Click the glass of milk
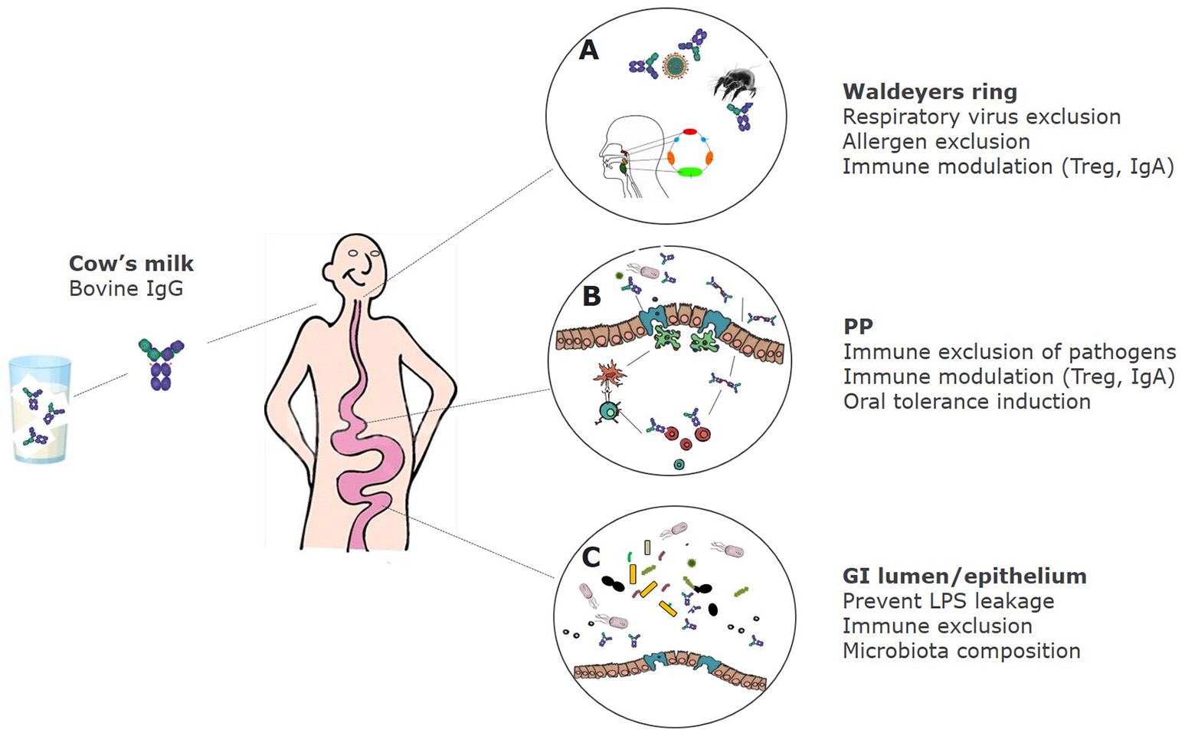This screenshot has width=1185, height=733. pyautogui.click(x=40, y=410)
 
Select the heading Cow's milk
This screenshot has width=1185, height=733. pyautogui.click(x=131, y=264)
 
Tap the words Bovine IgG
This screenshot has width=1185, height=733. pyautogui.click(x=126, y=289)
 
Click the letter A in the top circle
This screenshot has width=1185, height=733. pyautogui.click(x=588, y=51)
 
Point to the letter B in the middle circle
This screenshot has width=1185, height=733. pyautogui.click(x=591, y=296)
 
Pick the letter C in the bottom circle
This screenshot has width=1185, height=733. pyautogui.click(x=591, y=557)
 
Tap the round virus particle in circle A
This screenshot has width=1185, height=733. pyautogui.click(x=675, y=67)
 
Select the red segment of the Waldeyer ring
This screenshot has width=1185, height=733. pyautogui.click(x=689, y=133)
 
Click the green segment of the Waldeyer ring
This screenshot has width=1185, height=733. pyautogui.click(x=689, y=173)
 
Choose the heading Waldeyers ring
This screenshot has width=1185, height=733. pyautogui.click(x=930, y=92)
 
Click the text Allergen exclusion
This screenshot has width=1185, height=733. pyautogui.click(x=936, y=142)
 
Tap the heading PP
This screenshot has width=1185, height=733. pyautogui.click(x=858, y=327)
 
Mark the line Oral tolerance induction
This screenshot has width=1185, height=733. pyautogui.click(x=967, y=402)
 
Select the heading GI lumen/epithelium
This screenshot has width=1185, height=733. pyautogui.click(x=964, y=577)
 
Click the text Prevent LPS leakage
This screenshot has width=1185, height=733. pyautogui.click(x=948, y=602)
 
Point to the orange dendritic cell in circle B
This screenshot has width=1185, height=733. pyautogui.click(x=609, y=374)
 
